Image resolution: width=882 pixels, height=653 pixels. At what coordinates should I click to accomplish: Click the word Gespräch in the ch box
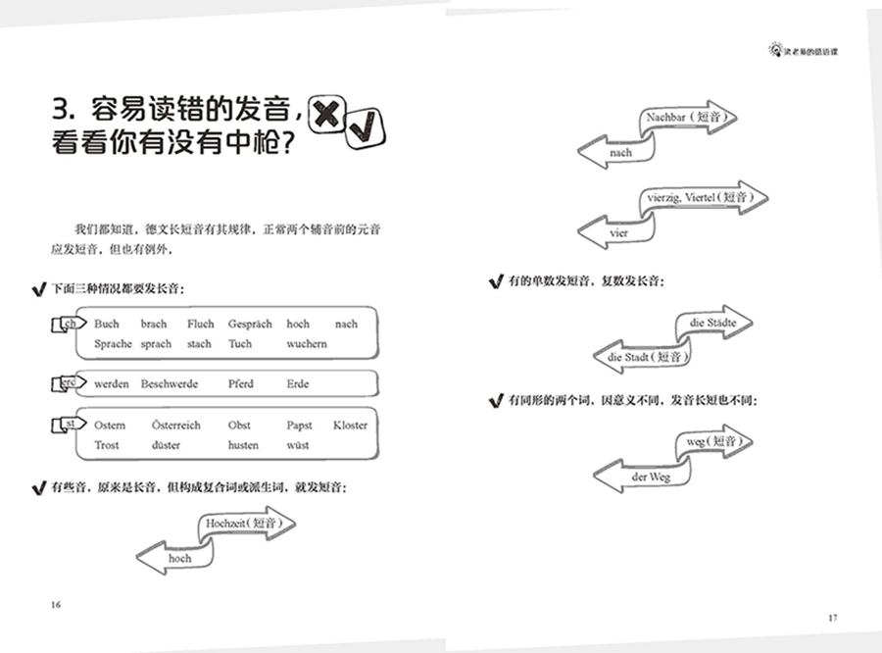tap(250, 325)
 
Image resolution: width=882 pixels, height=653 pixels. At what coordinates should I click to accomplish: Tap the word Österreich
tap(176, 426)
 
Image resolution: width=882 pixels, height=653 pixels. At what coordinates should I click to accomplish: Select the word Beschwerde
tap(169, 384)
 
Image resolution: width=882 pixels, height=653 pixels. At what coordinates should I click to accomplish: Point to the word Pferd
tap(242, 384)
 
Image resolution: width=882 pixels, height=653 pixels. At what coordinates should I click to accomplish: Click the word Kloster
tap(350, 426)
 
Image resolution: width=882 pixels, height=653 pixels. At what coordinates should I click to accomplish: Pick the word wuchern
tap(307, 344)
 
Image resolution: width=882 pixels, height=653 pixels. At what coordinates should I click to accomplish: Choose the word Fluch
tap(201, 325)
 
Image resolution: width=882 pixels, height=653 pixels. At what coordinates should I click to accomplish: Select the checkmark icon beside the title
tap(364, 127)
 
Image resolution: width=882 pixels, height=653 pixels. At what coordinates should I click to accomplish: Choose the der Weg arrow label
tap(651, 477)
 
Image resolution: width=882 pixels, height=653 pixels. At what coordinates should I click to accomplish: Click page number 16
tap(56, 605)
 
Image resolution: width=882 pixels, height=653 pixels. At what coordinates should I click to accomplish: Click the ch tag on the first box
tap(69, 325)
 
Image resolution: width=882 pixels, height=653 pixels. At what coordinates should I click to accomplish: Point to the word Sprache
tap(114, 344)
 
